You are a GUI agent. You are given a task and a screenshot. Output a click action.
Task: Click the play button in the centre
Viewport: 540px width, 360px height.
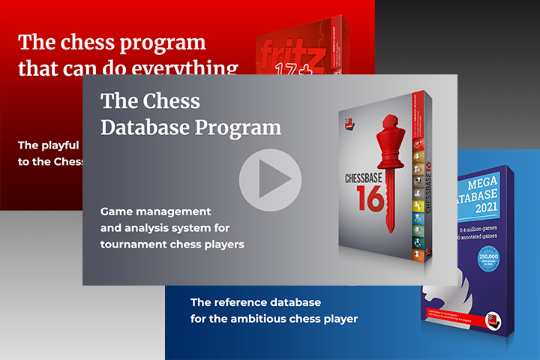[270, 180]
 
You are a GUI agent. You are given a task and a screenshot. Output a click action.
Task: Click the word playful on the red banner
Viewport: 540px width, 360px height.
[59, 145]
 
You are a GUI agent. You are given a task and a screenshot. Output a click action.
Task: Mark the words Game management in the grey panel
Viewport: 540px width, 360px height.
[156, 211]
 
